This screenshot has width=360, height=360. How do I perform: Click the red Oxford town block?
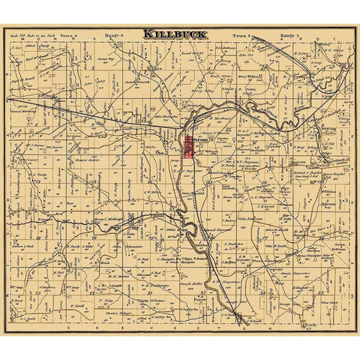tap(187, 145)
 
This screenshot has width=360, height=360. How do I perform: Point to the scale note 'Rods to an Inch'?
tap(32, 34)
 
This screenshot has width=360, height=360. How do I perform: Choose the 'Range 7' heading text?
tap(287, 35)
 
